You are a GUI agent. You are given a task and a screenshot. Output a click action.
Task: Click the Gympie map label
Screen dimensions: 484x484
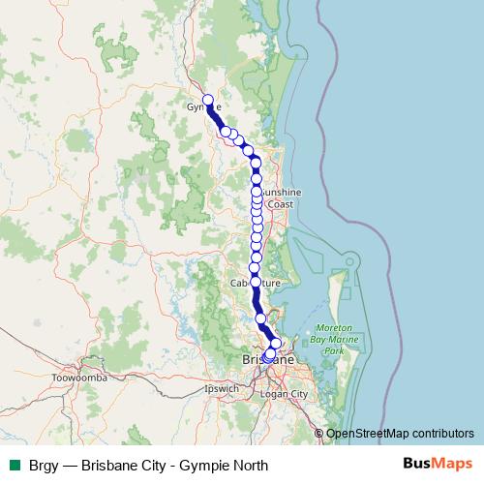click(204, 106)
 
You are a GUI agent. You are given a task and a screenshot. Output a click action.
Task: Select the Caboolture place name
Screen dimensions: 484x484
click(254, 283)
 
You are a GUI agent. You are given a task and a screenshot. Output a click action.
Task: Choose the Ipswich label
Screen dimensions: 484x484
click(222, 388)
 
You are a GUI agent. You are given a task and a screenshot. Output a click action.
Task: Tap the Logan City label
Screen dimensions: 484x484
click(285, 394)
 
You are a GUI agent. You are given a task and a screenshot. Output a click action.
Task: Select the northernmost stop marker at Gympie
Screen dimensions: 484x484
click(207, 99)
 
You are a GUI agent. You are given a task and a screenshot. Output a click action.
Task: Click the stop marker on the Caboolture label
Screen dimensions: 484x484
click(256, 282)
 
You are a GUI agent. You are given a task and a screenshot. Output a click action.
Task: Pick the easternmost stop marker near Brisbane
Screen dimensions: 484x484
click(276, 344)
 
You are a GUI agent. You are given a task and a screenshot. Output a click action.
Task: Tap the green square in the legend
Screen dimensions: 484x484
click(15, 465)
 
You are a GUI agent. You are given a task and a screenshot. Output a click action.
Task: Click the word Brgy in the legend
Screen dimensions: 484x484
click(45, 465)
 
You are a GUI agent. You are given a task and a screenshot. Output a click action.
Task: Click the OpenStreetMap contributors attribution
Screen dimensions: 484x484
click(401, 433)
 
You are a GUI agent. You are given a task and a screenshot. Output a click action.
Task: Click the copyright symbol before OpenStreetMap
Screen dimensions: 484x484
click(319, 433)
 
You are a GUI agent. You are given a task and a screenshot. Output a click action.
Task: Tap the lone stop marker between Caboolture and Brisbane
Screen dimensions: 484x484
click(260, 318)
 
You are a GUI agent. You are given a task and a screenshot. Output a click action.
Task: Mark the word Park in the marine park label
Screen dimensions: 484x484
click(333, 350)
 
